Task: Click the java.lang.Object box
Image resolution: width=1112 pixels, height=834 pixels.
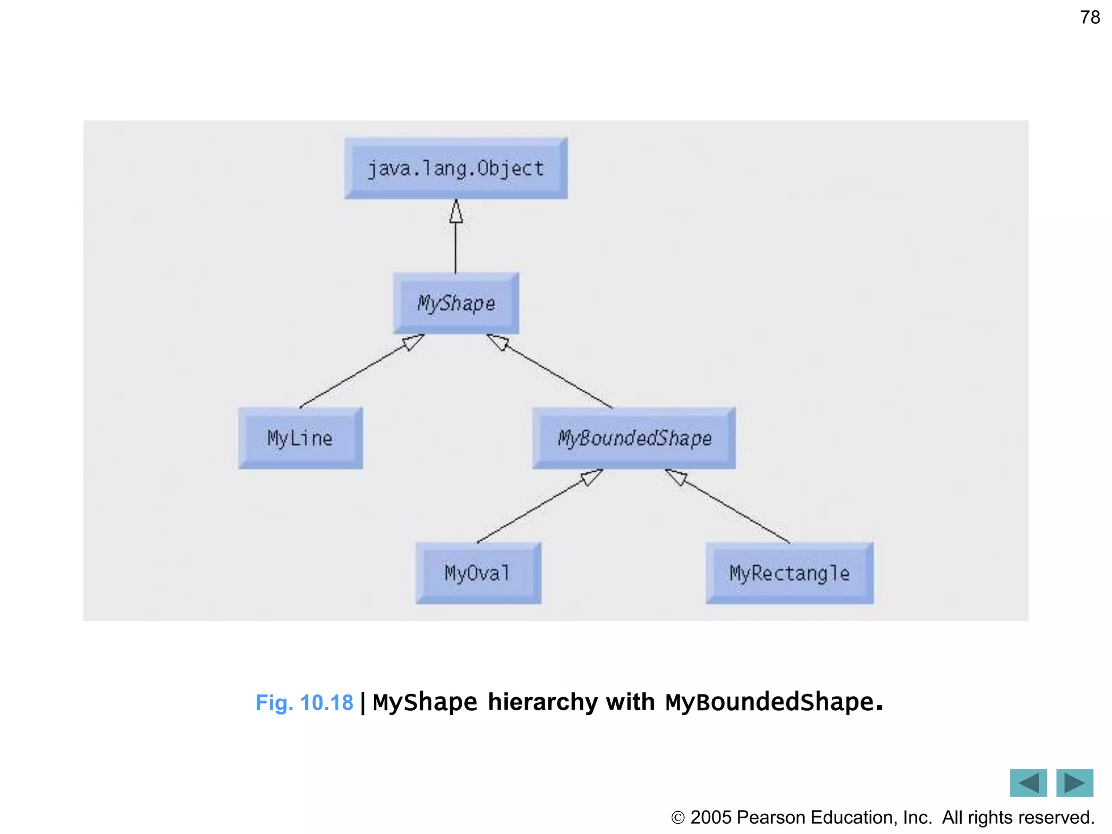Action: click(x=456, y=168)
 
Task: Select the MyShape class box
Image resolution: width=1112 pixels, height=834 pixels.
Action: click(x=456, y=303)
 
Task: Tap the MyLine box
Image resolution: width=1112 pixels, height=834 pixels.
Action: click(x=300, y=438)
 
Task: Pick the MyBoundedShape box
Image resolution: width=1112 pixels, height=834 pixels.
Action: click(x=634, y=438)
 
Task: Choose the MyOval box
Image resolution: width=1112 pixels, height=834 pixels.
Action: click(x=478, y=573)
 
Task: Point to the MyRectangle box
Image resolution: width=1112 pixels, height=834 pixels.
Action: click(x=789, y=573)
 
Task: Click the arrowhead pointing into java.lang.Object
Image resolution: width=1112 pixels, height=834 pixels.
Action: click(x=456, y=212)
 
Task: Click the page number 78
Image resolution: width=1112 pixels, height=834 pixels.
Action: click(x=1090, y=17)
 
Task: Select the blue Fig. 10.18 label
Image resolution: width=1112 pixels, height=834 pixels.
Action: click(x=304, y=703)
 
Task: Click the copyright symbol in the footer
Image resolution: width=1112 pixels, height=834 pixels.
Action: click(x=678, y=817)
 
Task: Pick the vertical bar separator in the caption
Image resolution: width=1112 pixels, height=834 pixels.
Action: click(x=363, y=703)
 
